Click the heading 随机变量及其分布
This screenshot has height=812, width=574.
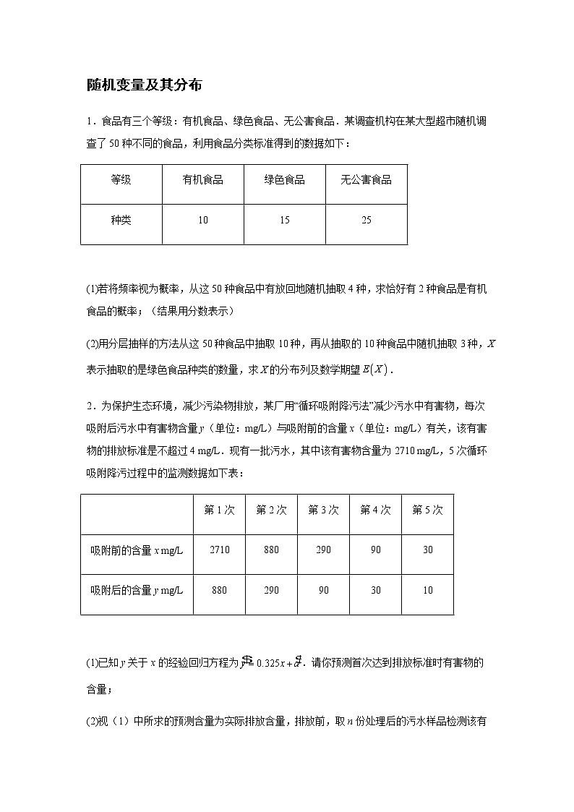[x=144, y=85]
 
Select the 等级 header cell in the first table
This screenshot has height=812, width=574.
[x=121, y=180]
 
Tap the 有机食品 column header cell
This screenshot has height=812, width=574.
[x=202, y=180]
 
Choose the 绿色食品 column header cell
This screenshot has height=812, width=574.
[x=284, y=180]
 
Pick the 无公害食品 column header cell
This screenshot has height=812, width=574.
[x=366, y=180]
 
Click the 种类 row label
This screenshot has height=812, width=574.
[x=121, y=220]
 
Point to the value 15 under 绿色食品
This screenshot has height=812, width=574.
[x=284, y=220]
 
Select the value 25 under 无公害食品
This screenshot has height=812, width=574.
[x=366, y=220]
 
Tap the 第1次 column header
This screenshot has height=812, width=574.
[x=219, y=510]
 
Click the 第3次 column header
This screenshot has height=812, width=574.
[x=323, y=510]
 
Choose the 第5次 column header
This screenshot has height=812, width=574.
[x=427, y=510]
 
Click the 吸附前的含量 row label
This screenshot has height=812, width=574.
[x=137, y=550]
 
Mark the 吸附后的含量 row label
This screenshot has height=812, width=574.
[x=137, y=590]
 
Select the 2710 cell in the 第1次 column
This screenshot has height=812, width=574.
[x=219, y=550]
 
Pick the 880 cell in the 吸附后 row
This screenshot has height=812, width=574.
[x=219, y=590]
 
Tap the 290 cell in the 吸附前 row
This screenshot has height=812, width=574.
[x=323, y=550]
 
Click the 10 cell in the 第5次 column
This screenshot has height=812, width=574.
[x=427, y=590]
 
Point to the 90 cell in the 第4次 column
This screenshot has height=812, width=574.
[x=375, y=550]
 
